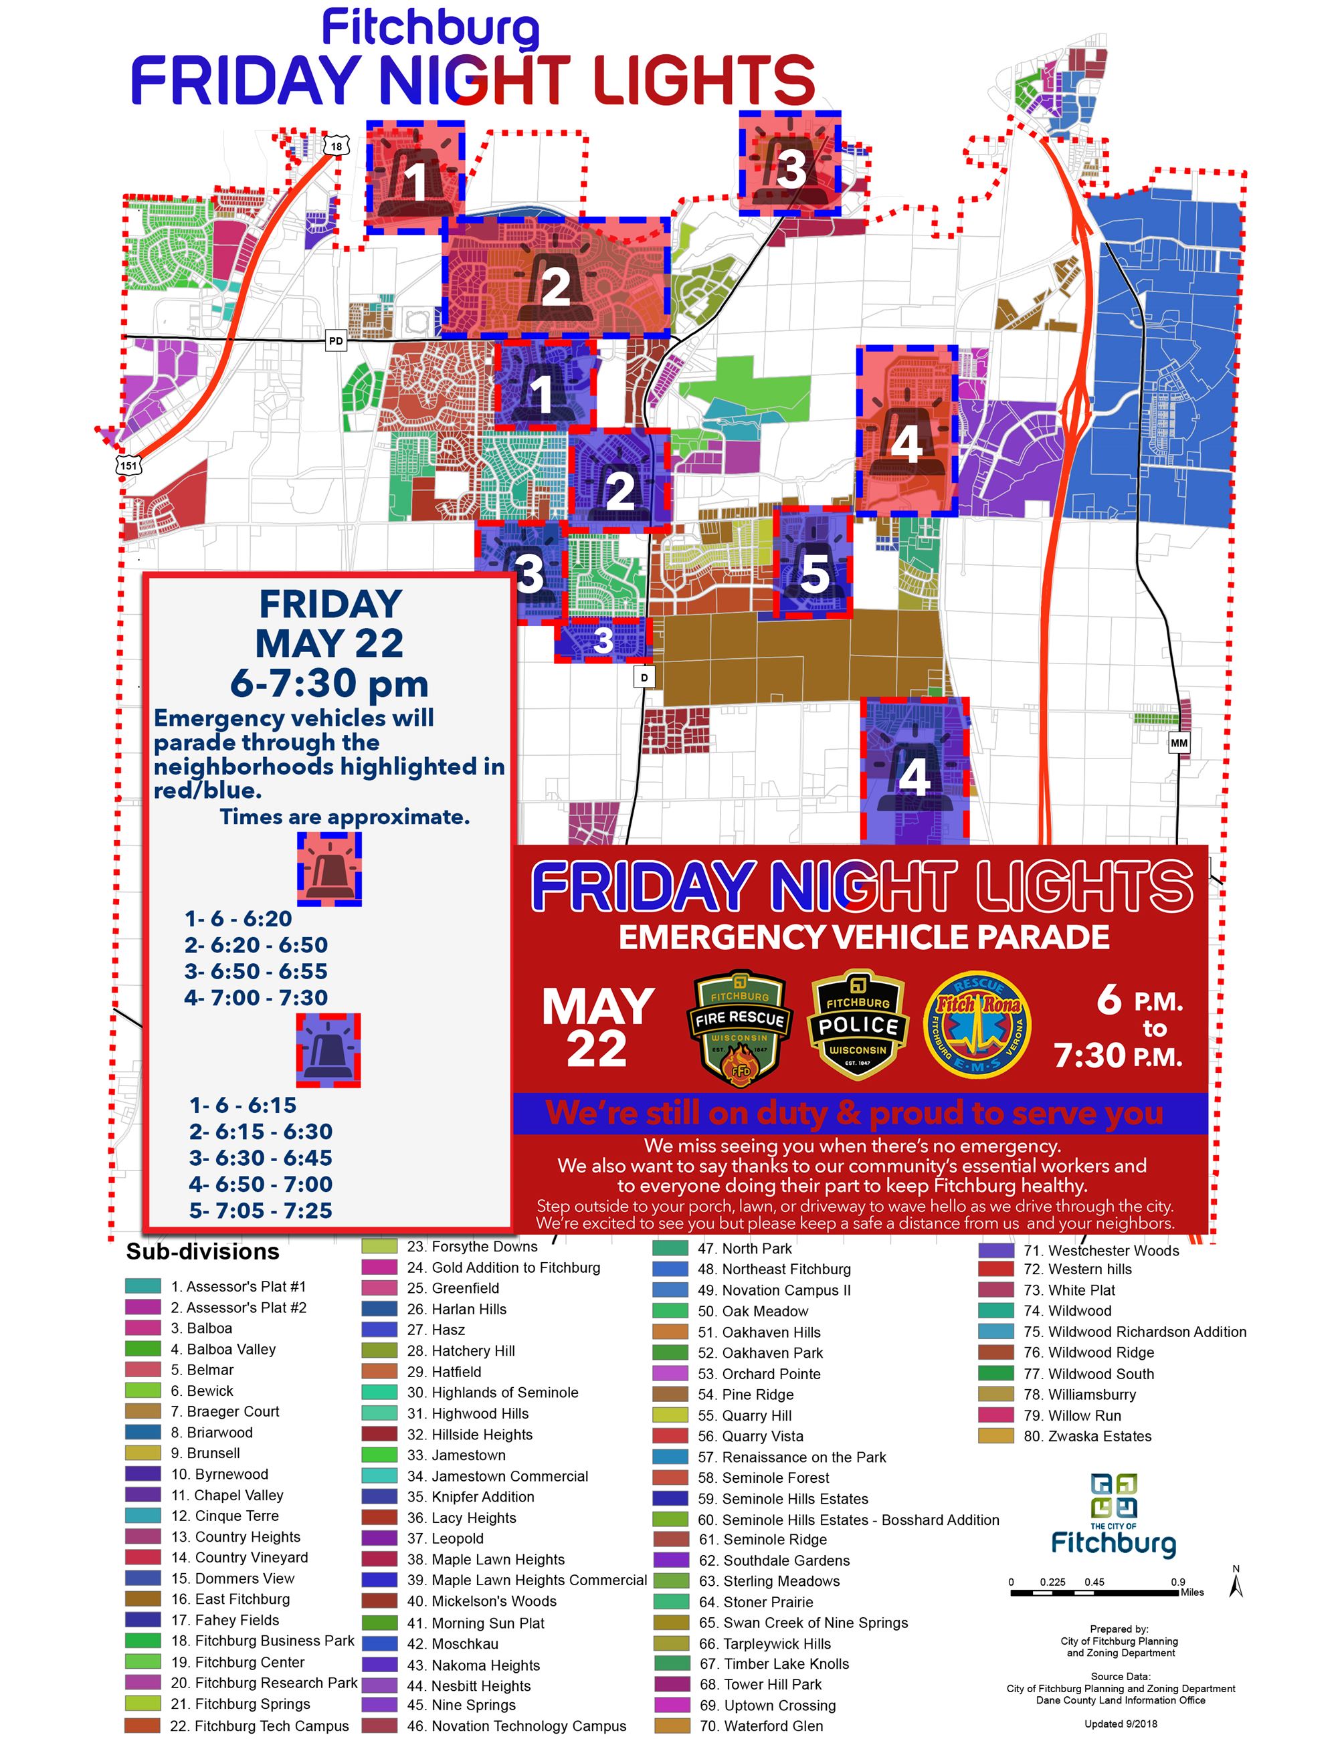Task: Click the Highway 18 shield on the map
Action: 337,146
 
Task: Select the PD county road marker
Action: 336,341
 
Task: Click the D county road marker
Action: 644,678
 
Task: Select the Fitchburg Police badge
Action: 857,1024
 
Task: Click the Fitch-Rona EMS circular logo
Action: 978,1024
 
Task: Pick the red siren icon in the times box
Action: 329,869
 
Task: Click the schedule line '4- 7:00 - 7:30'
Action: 256,998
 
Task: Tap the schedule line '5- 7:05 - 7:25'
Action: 260,1211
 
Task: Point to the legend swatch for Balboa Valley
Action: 142,1349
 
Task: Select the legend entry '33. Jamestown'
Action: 468,1455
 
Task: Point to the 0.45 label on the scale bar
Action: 1094,1581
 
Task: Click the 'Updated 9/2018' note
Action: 1121,1723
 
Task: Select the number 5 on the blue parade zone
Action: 813,573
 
